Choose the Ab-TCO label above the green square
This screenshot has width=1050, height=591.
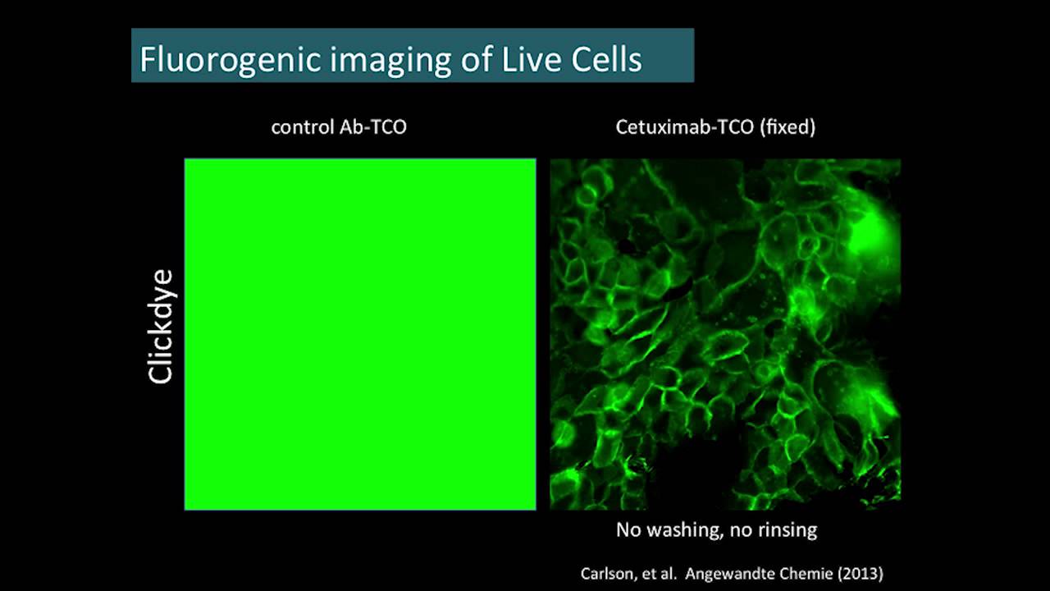click(x=372, y=127)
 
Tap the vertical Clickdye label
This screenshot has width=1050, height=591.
click(x=162, y=325)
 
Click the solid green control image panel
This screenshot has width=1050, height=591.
click(x=360, y=334)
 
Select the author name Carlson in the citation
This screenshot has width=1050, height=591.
click(x=608, y=574)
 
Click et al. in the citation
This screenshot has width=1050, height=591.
click(x=660, y=574)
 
